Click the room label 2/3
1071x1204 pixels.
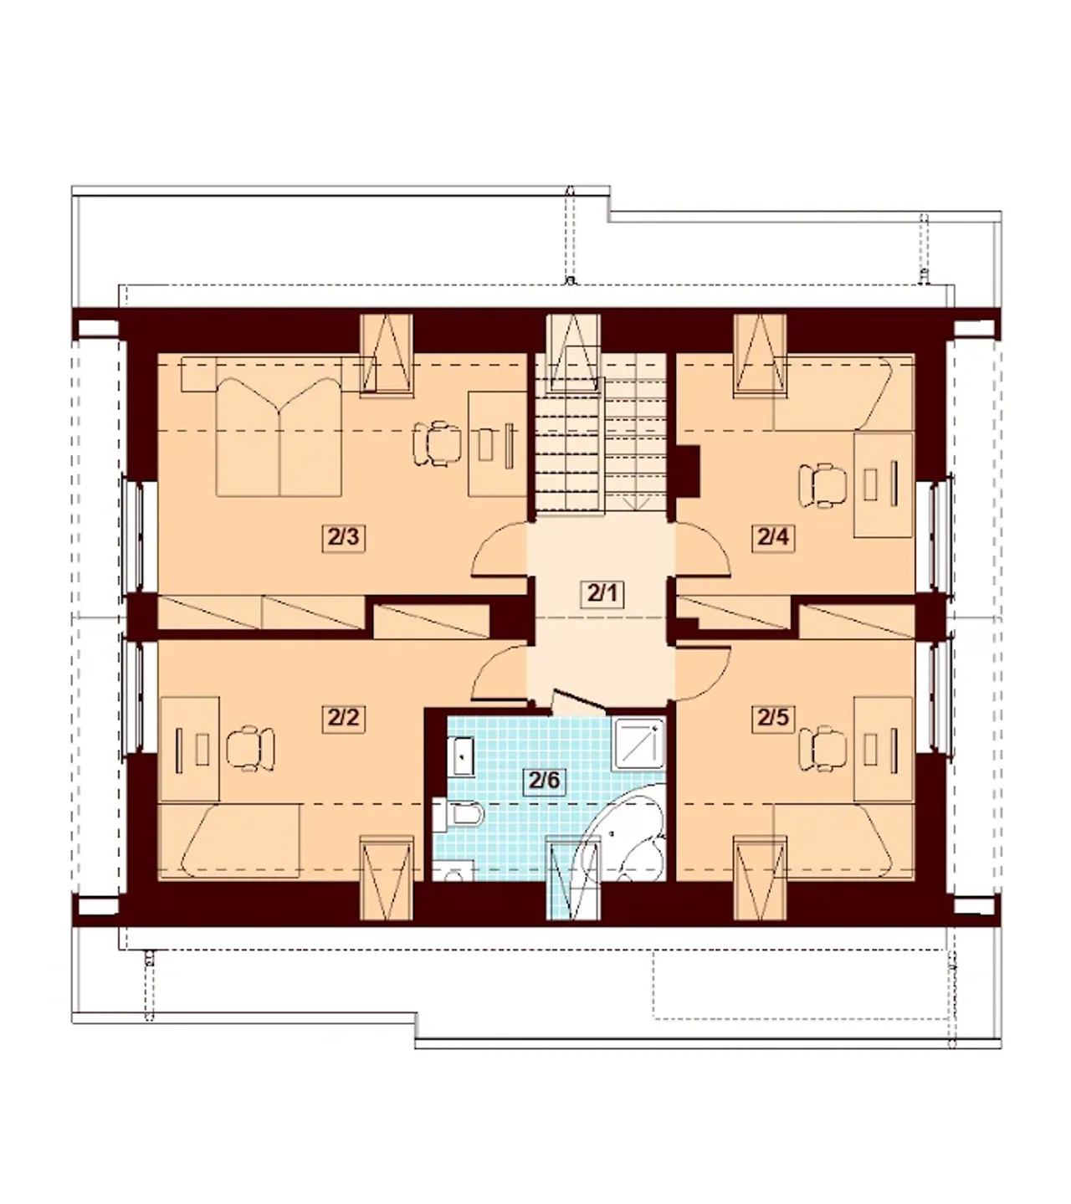pyautogui.click(x=343, y=538)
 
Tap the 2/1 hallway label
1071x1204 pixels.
pyautogui.click(x=602, y=594)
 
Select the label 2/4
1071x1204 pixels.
pyautogui.click(x=772, y=538)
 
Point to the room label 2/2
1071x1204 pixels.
pyautogui.click(x=343, y=719)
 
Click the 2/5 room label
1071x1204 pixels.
pyautogui.click(x=772, y=719)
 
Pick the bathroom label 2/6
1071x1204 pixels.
pyautogui.click(x=545, y=780)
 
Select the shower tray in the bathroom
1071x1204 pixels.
pyautogui.click(x=640, y=744)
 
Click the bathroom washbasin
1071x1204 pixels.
pyautogui.click(x=464, y=756)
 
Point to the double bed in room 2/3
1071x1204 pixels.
pyautogui.click(x=279, y=437)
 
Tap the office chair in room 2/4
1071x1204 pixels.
pyautogui.click(x=822, y=485)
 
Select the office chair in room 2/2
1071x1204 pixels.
pyautogui.click(x=250, y=748)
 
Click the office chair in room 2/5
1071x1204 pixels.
pyautogui.click(x=822, y=748)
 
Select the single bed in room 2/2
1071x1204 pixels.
pyautogui.click(x=229, y=841)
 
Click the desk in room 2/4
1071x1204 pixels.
pyautogui.click(x=884, y=485)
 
